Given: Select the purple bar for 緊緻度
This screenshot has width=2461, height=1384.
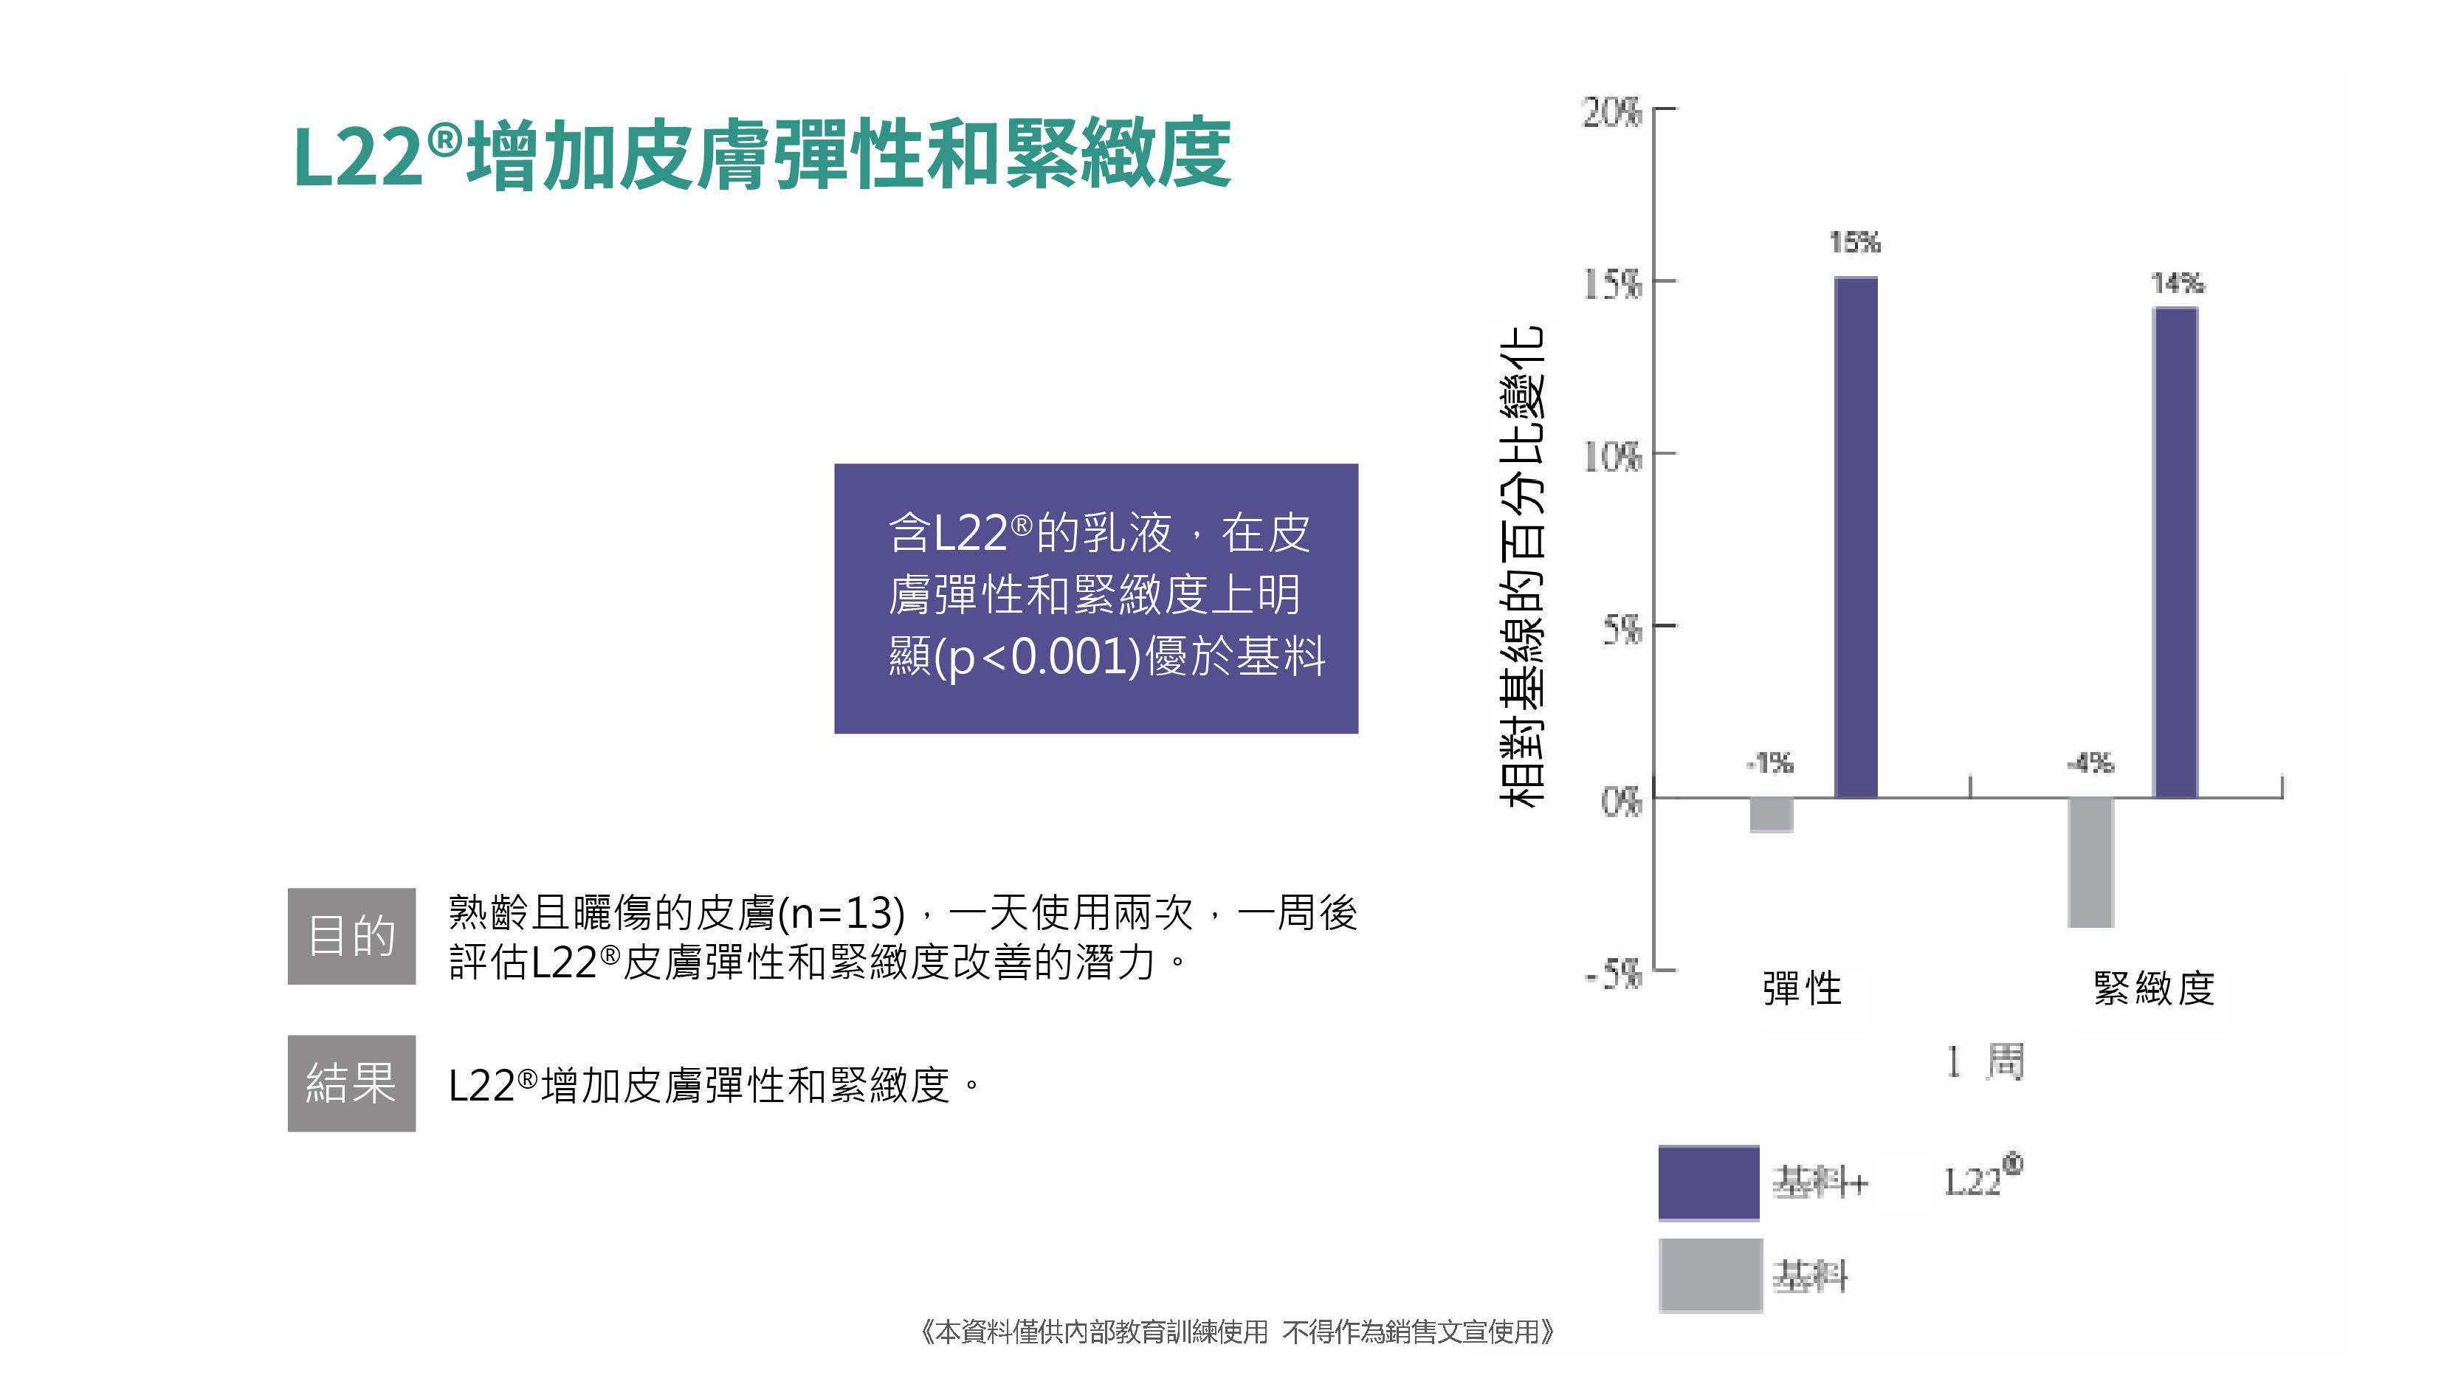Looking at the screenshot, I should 2175,552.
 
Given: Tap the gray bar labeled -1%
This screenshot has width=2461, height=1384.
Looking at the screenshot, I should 1770,815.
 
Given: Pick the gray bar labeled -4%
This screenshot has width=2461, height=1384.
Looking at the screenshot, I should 2090,861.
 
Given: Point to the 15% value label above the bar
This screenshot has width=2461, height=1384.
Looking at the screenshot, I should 1854,243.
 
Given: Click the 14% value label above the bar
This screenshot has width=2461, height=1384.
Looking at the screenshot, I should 2178,283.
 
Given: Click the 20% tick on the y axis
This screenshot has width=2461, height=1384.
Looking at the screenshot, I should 1613,113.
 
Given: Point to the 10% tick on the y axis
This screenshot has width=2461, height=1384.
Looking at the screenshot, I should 1613,457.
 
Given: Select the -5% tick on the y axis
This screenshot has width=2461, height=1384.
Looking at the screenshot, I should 1613,974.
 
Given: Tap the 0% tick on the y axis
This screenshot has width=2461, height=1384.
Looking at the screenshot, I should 1620,800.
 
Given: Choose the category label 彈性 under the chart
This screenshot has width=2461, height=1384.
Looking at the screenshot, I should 1801,988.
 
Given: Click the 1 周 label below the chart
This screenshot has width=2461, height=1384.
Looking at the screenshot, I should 1984,1061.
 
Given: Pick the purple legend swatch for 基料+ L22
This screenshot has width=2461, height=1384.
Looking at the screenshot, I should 1708,1182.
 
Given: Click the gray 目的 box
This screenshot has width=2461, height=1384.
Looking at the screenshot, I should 351,936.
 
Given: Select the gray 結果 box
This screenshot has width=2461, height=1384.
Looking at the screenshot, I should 351,1083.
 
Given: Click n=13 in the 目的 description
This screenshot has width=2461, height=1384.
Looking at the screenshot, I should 841,914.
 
